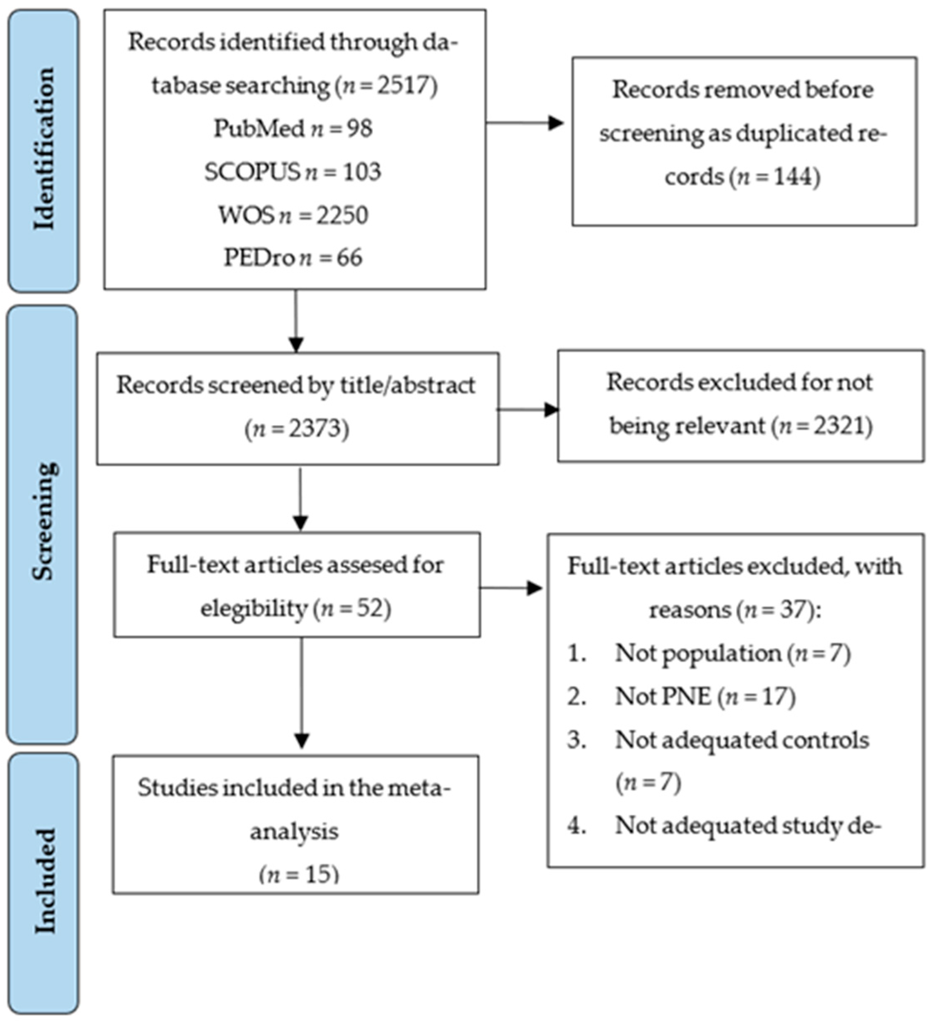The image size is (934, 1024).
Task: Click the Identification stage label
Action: [x=44, y=150]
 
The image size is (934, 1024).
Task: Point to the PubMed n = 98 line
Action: [x=293, y=128]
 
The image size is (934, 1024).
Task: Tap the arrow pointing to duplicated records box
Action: [x=526, y=123]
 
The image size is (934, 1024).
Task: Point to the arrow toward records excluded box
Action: [x=528, y=409]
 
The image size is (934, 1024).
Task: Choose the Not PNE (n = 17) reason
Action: [x=705, y=696]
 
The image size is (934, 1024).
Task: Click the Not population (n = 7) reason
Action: [x=732, y=653]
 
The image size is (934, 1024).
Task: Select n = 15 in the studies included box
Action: [x=299, y=875]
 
